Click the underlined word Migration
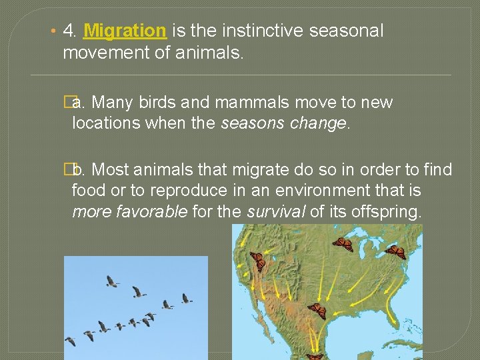tap(125, 31)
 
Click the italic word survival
tap(274, 212)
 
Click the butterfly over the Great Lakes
tap(343, 244)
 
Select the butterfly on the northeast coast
tap(395, 252)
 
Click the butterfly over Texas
tap(316, 311)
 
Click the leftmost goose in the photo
tap(70, 341)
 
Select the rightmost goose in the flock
tap(187, 298)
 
